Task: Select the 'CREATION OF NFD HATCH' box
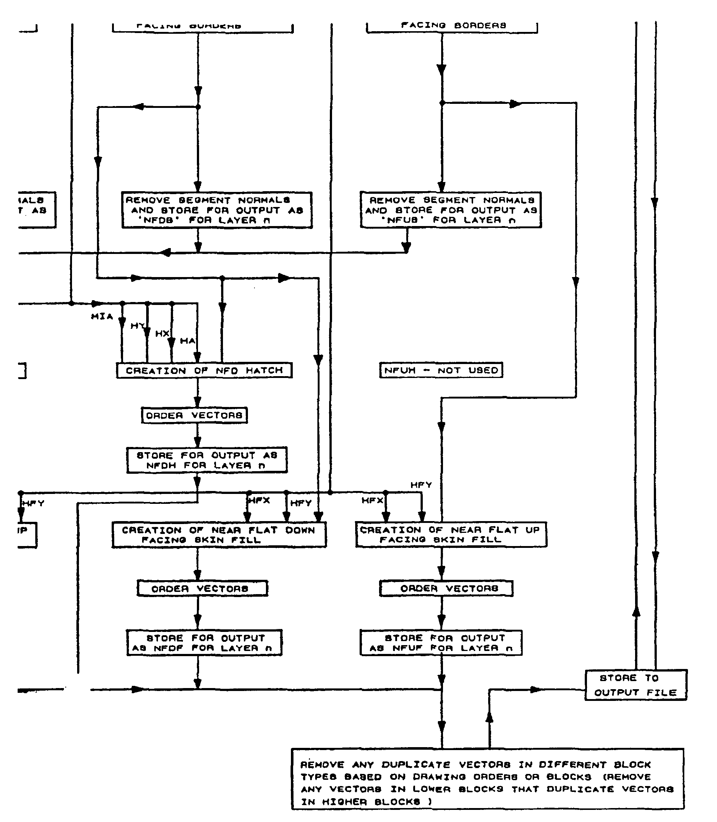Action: [x=204, y=370]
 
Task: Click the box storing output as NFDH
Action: [x=207, y=460]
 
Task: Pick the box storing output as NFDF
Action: [x=204, y=643]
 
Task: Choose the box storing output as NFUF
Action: [x=441, y=643]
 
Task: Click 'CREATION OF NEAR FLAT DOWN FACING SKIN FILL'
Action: [x=219, y=535]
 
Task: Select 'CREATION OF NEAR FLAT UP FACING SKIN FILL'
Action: [x=451, y=535]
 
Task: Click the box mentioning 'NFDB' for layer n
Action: [x=216, y=210]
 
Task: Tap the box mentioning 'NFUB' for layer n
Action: [x=451, y=210]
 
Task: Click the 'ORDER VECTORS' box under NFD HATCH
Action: [x=194, y=415]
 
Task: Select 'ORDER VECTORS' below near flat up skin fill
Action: [x=446, y=588]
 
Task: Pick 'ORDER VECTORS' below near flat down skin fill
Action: [x=202, y=589]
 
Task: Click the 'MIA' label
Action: [x=102, y=316]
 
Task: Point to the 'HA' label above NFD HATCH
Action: [x=187, y=341]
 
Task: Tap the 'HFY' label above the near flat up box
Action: [x=421, y=485]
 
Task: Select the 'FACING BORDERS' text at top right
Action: [x=453, y=25]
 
